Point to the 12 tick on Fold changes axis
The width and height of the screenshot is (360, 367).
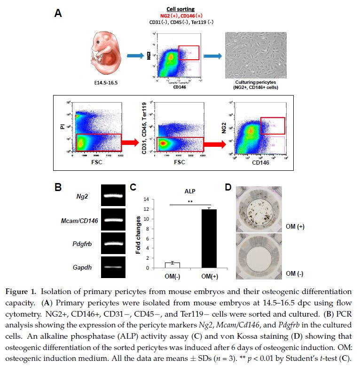click(x=146, y=209)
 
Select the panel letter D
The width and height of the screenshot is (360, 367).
click(x=228, y=187)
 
